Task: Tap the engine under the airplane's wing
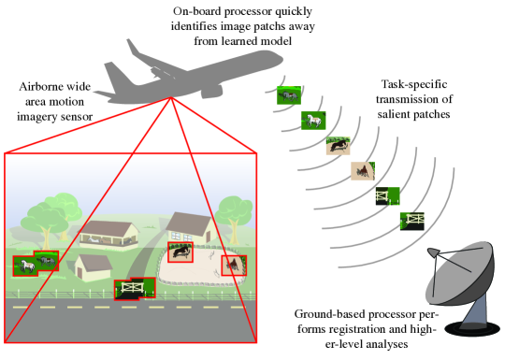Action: click(x=212, y=91)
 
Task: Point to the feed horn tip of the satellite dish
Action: click(x=433, y=252)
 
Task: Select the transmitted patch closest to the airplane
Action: click(x=289, y=95)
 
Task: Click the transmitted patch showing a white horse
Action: click(x=313, y=121)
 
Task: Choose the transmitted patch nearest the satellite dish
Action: click(x=412, y=222)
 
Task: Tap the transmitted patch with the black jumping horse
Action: click(x=339, y=146)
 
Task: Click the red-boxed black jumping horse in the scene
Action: click(x=180, y=252)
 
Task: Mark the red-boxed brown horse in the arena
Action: click(x=234, y=266)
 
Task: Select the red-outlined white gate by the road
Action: click(x=135, y=289)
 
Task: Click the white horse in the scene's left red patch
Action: click(x=26, y=266)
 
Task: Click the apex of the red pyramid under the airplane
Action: click(x=171, y=97)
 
